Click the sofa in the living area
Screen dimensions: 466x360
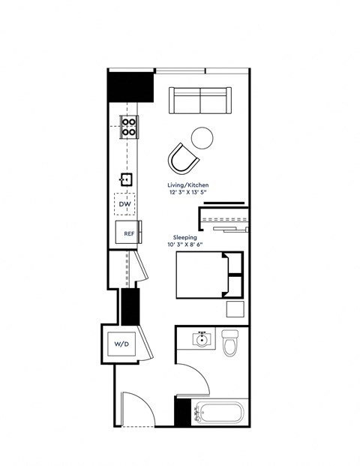[199, 99]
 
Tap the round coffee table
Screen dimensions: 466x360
[202, 137]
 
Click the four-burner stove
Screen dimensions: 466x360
[129, 126]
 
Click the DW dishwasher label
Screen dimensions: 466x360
[124, 204]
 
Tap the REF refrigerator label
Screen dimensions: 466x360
[128, 233]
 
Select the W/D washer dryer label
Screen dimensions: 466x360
[121, 344]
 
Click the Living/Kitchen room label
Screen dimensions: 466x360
[188, 185]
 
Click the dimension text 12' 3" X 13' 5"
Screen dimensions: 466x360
[188, 192]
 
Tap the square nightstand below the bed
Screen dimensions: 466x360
[235, 310]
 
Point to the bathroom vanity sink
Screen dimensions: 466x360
[201, 340]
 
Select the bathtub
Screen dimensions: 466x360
[218, 413]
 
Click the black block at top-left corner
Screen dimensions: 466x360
[130, 86]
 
